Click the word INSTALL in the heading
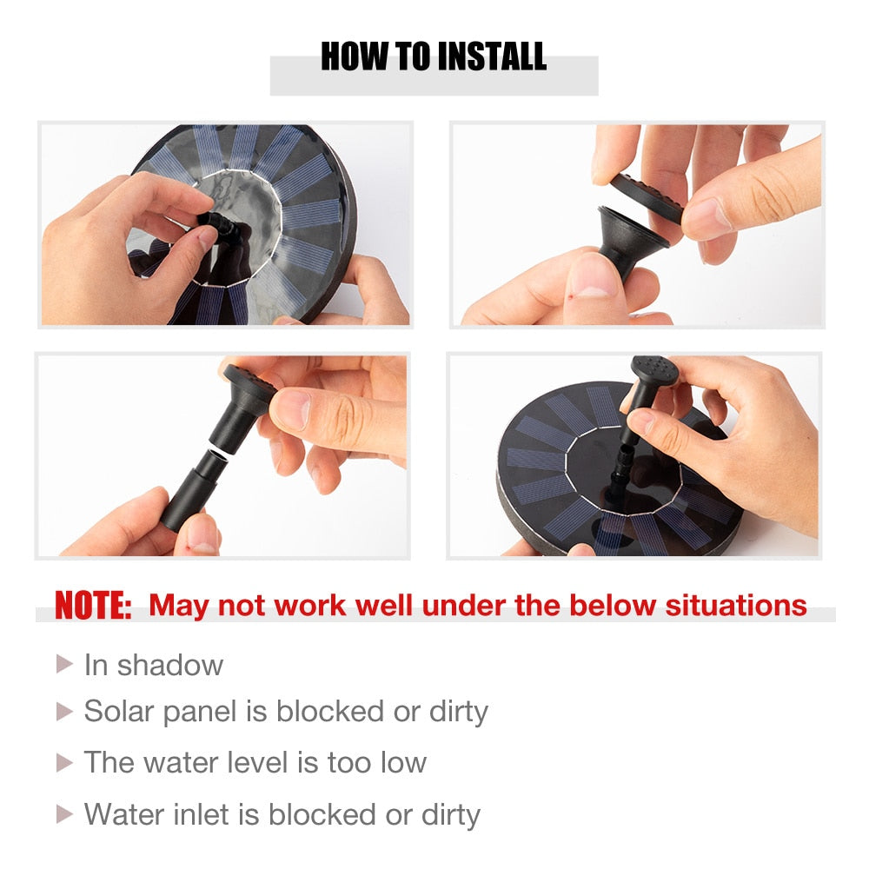[x=491, y=56]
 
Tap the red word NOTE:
[x=93, y=605]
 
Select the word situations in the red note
[x=736, y=605]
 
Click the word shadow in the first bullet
[x=170, y=665]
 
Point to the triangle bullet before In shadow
[x=64, y=664]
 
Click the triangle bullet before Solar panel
[x=64, y=712]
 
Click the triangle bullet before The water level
[x=64, y=763]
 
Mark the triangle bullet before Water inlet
[x=64, y=814]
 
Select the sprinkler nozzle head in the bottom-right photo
[x=655, y=368]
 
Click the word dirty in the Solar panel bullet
[x=459, y=713]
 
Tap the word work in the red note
[x=310, y=605]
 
